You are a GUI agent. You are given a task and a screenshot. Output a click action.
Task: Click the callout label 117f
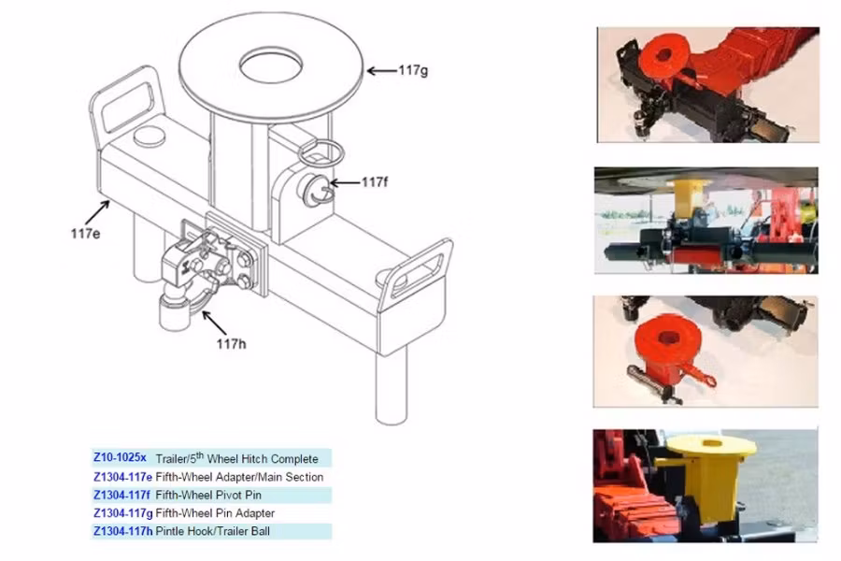pyautogui.click(x=374, y=182)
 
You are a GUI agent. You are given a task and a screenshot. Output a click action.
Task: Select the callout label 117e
pyautogui.click(x=84, y=232)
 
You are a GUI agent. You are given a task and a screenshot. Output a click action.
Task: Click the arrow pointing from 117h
pyautogui.click(x=214, y=324)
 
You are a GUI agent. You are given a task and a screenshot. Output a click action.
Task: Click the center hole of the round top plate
pyautogui.click(x=270, y=65)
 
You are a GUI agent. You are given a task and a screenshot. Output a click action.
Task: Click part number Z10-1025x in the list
pyautogui.click(x=120, y=458)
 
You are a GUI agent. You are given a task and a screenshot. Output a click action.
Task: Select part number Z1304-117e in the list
pyautogui.click(x=122, y=477)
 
